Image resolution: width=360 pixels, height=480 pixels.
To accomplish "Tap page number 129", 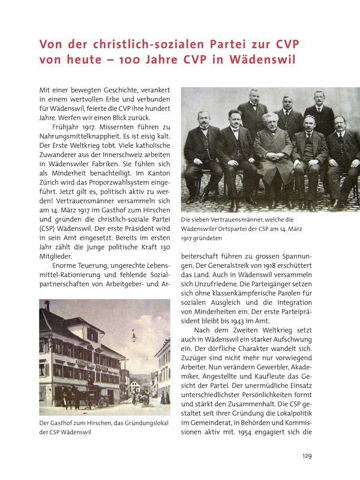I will click(x=306, y=457).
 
